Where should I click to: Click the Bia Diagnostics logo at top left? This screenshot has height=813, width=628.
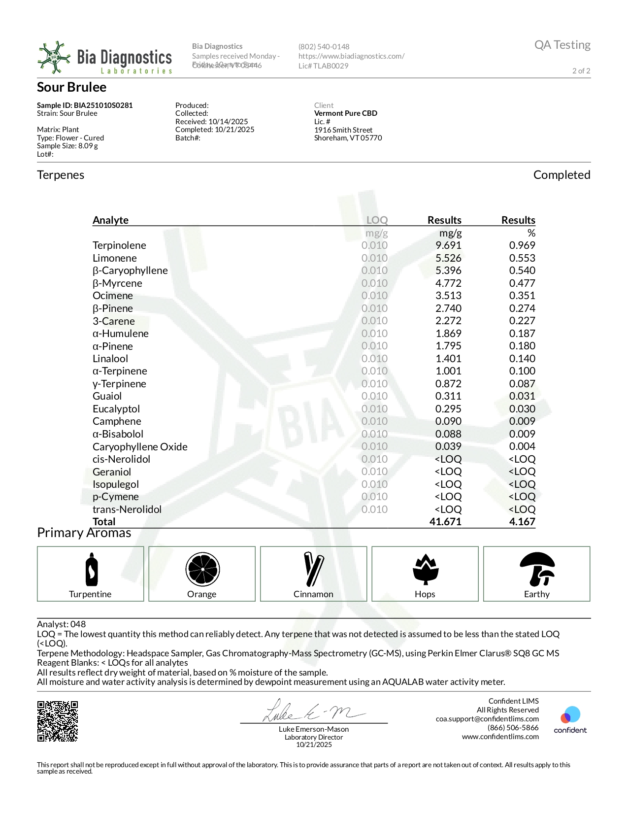click(x=104, y=58)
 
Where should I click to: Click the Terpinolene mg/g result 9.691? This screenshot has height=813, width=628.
click(x=448, y=245)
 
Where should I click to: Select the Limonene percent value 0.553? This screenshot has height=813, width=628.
click(x=522, y=258)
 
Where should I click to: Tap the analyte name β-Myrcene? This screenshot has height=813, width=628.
click(x=117, y=283)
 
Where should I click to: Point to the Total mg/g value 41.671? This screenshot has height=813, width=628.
click(x=445, y=522)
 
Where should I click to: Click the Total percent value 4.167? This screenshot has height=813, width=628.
click(x=522, y=522)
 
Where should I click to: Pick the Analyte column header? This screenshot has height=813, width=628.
click(x=110, y=220)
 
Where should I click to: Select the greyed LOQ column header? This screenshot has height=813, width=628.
click(x=377, y=220)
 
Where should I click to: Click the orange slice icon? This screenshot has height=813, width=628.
click(x=202, y=569)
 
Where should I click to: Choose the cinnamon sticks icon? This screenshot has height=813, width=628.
click(x=314, y=569)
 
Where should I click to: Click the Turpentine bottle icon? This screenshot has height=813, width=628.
click(x=91, y=570)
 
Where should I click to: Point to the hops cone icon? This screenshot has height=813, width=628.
click(x=425, y=569)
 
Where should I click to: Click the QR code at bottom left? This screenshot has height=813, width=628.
click(x=58, y=721)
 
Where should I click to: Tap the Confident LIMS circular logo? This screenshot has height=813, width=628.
click(x=570, y=715)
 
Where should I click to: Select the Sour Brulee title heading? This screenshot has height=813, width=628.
click(x=72, y=87)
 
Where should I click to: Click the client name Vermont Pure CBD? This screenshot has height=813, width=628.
click(x=346, y=113)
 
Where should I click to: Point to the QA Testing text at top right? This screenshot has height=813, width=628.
click(x=562, y=45)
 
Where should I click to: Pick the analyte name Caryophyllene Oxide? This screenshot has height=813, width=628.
click(x=140, y=447)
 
